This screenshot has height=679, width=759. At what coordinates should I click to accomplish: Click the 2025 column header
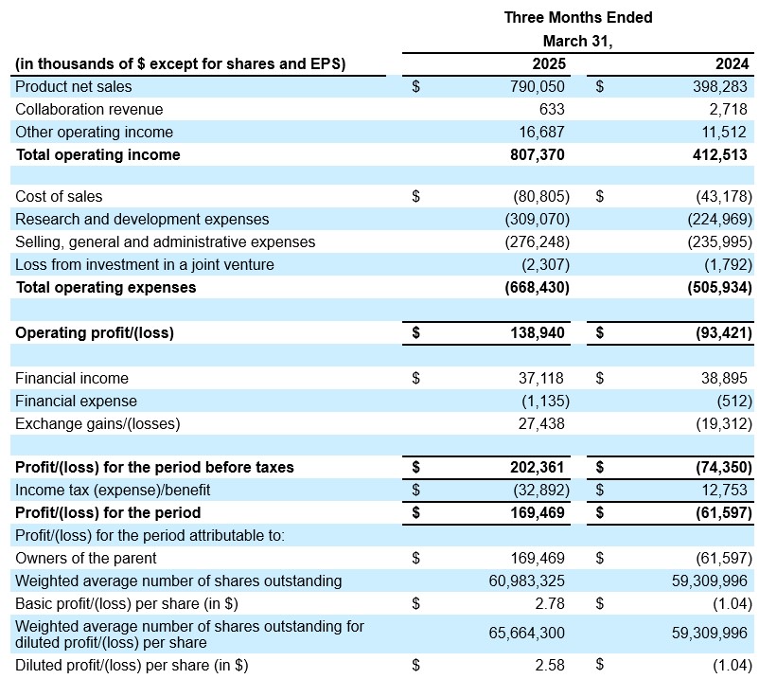point(549,64)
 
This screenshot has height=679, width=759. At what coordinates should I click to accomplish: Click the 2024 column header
point(732,64)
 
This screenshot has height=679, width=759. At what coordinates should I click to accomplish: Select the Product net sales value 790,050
point(538,87)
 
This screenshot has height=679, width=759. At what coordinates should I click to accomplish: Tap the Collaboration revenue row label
point(89,110)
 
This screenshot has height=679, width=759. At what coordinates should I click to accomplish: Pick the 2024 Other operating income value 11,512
point(724,133)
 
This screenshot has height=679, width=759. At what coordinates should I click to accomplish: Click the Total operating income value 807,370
point(538,155)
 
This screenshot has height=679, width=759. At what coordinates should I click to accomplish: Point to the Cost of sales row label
point(59,197)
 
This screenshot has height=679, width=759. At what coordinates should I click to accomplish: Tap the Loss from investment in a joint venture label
point(144,265)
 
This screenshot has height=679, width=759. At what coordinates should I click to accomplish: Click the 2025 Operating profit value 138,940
point(538,333)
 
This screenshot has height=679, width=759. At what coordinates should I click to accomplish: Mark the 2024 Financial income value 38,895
point(724,378)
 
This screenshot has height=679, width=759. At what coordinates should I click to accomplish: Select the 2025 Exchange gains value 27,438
point(541,423)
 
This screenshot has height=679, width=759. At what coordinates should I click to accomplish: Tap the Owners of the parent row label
point(86,559)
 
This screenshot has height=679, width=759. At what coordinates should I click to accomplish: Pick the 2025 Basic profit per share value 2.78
point(550,604)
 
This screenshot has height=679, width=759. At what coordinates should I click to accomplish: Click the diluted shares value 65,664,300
point(526,633)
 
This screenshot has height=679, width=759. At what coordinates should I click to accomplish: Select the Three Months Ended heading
point(578,18)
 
